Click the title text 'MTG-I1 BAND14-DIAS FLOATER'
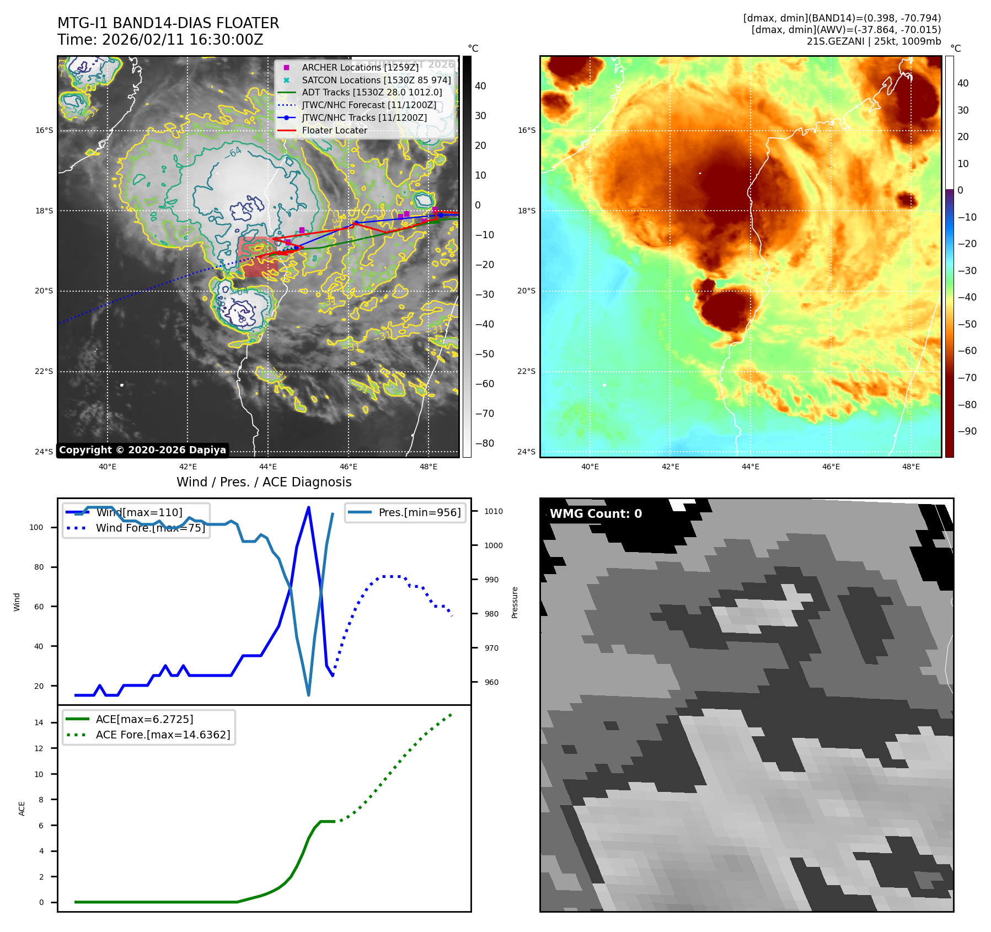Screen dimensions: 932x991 click(168, 23)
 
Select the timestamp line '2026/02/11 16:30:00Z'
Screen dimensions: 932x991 click(183, 40)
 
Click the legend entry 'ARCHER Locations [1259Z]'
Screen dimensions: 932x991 click(360, 67)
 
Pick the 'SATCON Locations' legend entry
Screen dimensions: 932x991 click(376, 80)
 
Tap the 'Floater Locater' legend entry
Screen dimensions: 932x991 click(334, 131)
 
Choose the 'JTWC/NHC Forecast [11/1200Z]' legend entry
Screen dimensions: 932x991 click(369, 105)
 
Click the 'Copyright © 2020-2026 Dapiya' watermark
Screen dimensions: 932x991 click(142, 450)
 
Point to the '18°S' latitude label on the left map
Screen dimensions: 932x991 click(44, 211)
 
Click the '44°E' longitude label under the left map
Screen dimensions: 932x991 click(268, 467)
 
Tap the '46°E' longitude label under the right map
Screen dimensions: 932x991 click(831, 467)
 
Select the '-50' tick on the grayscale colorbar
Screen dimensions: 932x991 click(485, 354)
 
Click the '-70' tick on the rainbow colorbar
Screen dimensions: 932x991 click(967, 378)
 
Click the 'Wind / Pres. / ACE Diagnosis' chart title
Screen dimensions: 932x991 click(264, 482)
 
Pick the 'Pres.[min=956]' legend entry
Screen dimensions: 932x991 click(419, 512)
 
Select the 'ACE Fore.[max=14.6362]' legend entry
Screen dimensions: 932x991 click(163, 735)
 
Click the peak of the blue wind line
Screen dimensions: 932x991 click(308, 507)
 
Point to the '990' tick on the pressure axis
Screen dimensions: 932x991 click(491, 580)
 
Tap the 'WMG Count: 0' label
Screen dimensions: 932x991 click(596, 514)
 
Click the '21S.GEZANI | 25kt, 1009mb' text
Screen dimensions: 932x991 click(874, 41)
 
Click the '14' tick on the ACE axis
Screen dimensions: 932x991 click(39, 722)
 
